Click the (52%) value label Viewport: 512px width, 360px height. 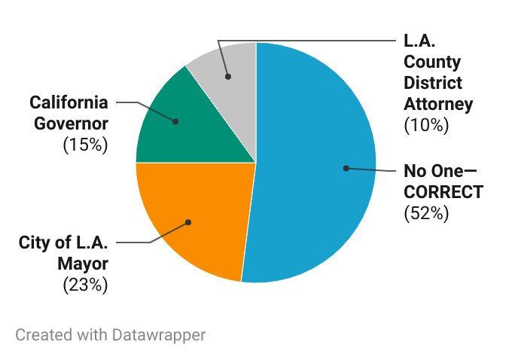pyautogui.click(x=426, y=213)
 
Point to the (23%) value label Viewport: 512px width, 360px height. pyautogui.click(x=86, y=285)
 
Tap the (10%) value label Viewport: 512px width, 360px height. pyautogui.click(x=426, y=124)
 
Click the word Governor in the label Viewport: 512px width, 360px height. pyautogui.click(x=72, y=123)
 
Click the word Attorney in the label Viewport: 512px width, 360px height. pyautogui.click(x=439, y=103)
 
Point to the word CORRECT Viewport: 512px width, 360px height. pyautogui.click(x=443, y=192)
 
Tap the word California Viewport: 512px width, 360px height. pyautogui.click(x=69, y=102)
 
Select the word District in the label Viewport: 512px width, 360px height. pyautogui.click(x=433, y=82)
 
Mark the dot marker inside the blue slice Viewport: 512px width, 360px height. pyautogui.click(x=346, y=168)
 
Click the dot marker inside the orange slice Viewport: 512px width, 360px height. pyautogui.click(x=188, y=222)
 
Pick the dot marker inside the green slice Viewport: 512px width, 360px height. pyautogui.click(x=175, y=121)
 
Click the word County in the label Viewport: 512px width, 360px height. pyautogui.click(x=431, y=61)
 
